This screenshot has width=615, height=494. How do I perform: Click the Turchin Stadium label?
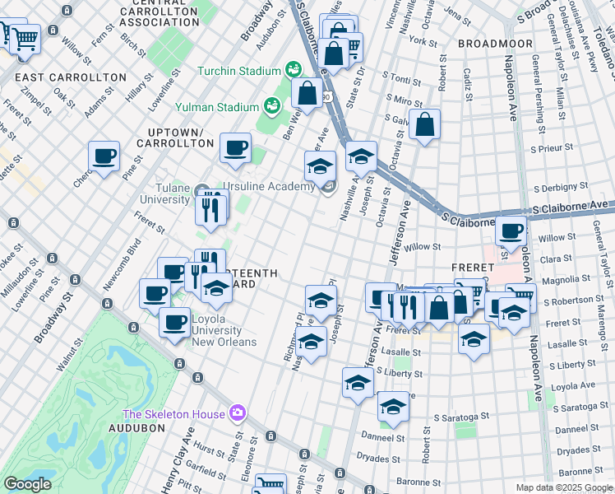pyautogui.click(x=238, y=71)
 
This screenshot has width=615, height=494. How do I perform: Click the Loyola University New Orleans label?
pyautogui.click(x=224, y=330)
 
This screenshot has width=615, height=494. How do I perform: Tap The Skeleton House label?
pyautogui.click(x=173, y=413)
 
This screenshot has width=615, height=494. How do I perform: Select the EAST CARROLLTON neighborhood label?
pyautogui.click(x=71, y=77)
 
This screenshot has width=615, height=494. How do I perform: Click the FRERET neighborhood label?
pyautogui.click(x=472, y=268)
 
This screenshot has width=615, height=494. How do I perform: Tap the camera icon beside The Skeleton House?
pyautogui.click(x=238, y=412)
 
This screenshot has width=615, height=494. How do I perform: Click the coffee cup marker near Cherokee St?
pyautogui.click(x=104, y=156)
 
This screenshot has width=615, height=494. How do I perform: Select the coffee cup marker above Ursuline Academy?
pyautogui.click(x=236, y=147)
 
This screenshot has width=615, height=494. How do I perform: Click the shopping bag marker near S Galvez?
pyautogui.click(x=425, y=125)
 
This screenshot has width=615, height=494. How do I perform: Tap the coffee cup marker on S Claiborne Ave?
pyautogui.click(x=511, y=231)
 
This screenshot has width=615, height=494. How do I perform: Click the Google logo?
pyautogui.click(x=27, y=485)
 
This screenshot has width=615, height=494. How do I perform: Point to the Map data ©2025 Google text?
pyautogui.click(x=564, y=487)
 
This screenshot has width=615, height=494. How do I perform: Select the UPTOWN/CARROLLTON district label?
pyautogui.click(x=180, y=137)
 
